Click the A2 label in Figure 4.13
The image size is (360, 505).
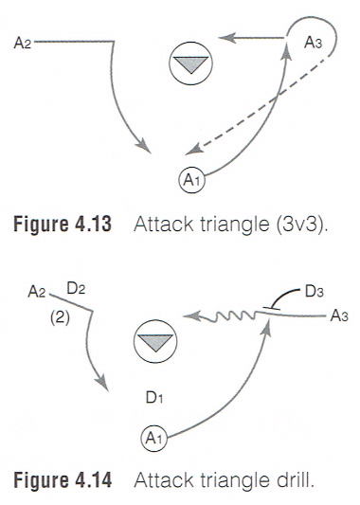pos(24,42)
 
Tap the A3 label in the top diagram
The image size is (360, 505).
pos(315,43)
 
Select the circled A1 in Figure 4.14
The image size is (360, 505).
pos(152,438)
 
